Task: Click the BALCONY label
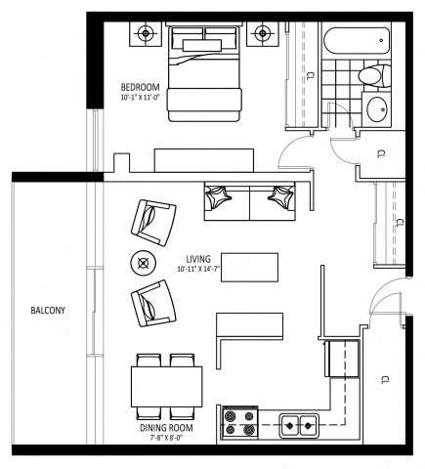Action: [x=47, y=312]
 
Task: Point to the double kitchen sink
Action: [x=297, y=424]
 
